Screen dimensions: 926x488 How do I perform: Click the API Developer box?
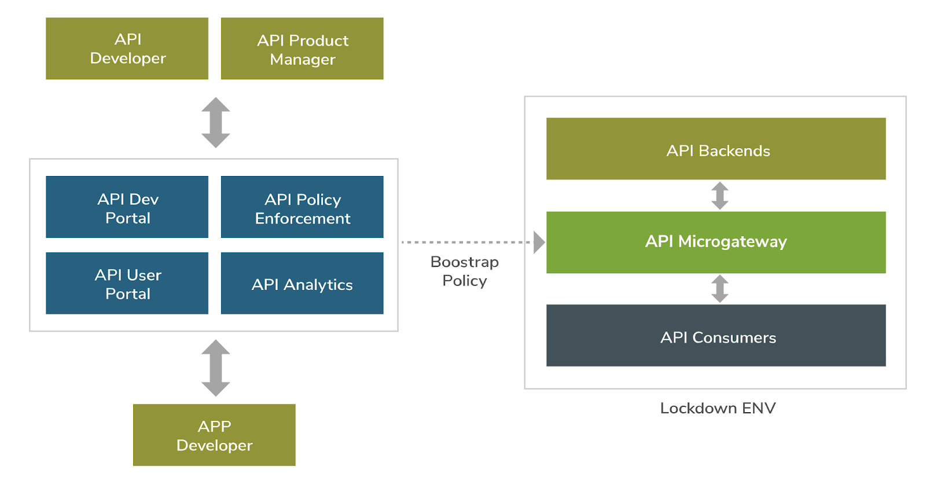(127, 49)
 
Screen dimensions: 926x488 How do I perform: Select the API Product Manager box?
(302, 49)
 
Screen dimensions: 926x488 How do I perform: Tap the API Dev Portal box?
(127, 207)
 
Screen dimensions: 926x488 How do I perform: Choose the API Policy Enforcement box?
(302, 207)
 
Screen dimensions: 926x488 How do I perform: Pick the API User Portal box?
(127, 283)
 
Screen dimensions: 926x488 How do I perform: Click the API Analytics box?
(302, 283)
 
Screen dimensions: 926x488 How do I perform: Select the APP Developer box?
(214, 435)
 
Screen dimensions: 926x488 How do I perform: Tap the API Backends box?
(716, 149)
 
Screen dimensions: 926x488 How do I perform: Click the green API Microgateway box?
(716, 243)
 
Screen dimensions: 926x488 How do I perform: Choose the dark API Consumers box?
(716, 335)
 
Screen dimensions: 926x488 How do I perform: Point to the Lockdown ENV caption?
(718, 408)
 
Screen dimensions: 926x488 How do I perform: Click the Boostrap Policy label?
(465, 271)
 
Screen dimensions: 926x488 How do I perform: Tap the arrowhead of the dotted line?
(539, 243)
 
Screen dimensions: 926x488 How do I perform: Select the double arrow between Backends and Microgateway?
(720, 196)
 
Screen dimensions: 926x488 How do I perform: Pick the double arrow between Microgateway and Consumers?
(720, 289)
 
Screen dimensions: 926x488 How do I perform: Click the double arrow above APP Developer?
(215, 368)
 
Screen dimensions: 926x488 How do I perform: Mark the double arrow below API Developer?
(215, 122)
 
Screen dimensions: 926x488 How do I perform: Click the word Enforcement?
(303, 218)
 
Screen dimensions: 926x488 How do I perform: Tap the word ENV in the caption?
(759, 408)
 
